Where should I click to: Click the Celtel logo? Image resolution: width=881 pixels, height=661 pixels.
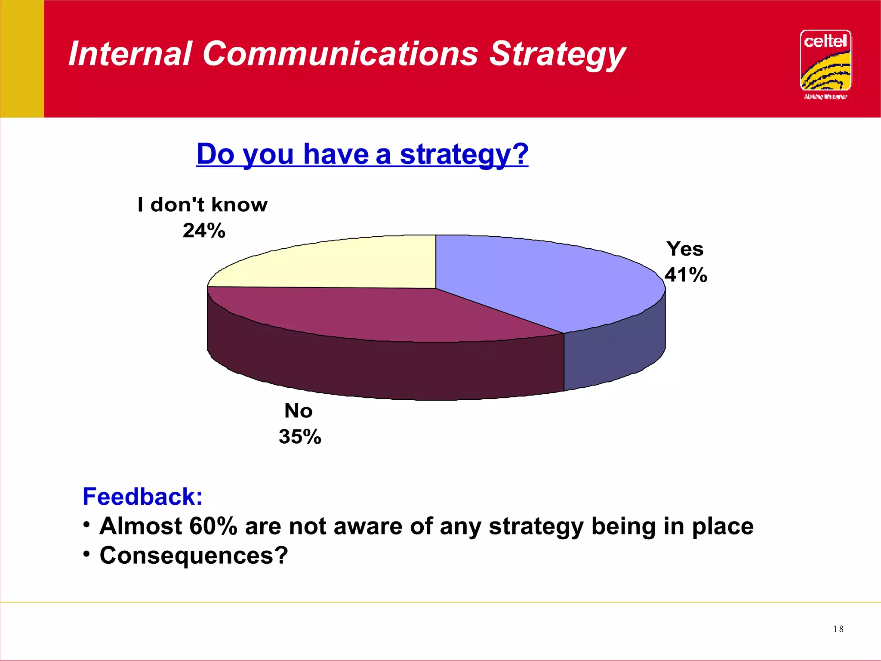coord(825,63)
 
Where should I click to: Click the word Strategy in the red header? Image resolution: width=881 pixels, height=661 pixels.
coord(557,54)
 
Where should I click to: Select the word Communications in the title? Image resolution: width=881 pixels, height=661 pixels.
coord(340,54)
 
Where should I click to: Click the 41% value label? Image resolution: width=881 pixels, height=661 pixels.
coord(686,275)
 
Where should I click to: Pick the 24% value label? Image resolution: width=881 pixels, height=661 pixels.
coord(204,231)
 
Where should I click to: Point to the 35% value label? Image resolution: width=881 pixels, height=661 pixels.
coord(300,437)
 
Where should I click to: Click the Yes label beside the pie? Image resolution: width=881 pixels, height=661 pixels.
coord(685,249)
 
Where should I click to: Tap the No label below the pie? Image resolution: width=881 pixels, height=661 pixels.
coord(299,411)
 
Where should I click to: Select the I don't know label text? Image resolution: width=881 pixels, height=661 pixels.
coord(203,205)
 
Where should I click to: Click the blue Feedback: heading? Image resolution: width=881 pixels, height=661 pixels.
coord(142,497)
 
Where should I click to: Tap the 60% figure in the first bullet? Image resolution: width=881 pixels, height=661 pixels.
coord(213,526)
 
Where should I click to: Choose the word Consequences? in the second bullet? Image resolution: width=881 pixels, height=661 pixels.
coord(194,556)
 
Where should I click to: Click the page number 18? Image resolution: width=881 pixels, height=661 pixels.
coord(838,629)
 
